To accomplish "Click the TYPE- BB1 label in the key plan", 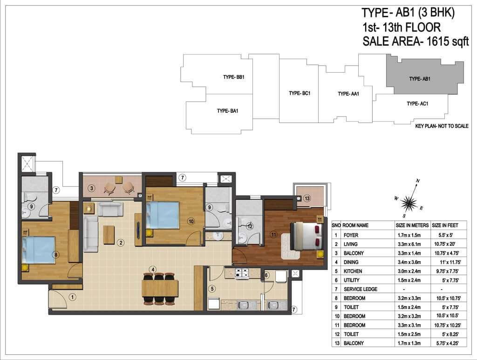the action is point(234,77).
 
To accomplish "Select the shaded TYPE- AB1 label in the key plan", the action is point(420,79).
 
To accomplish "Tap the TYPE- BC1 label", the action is point(300,93).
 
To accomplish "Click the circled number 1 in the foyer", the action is point(72,297).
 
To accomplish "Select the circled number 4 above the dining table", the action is point(153,269).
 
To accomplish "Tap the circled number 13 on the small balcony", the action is point(307,198).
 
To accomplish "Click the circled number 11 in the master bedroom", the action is point(273,234).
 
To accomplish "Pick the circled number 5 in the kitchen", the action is point(212,289).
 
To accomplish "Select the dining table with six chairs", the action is point(160,288).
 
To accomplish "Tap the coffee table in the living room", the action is point(109,234).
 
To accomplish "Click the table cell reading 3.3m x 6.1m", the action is point(409,244).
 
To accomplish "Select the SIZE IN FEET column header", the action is point(445,225).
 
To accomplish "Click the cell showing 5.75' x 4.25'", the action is point(447,343).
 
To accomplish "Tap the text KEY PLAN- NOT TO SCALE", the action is point(442,126).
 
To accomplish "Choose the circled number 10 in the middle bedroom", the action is point(191,221).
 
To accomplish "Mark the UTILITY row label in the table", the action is point(351,280).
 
